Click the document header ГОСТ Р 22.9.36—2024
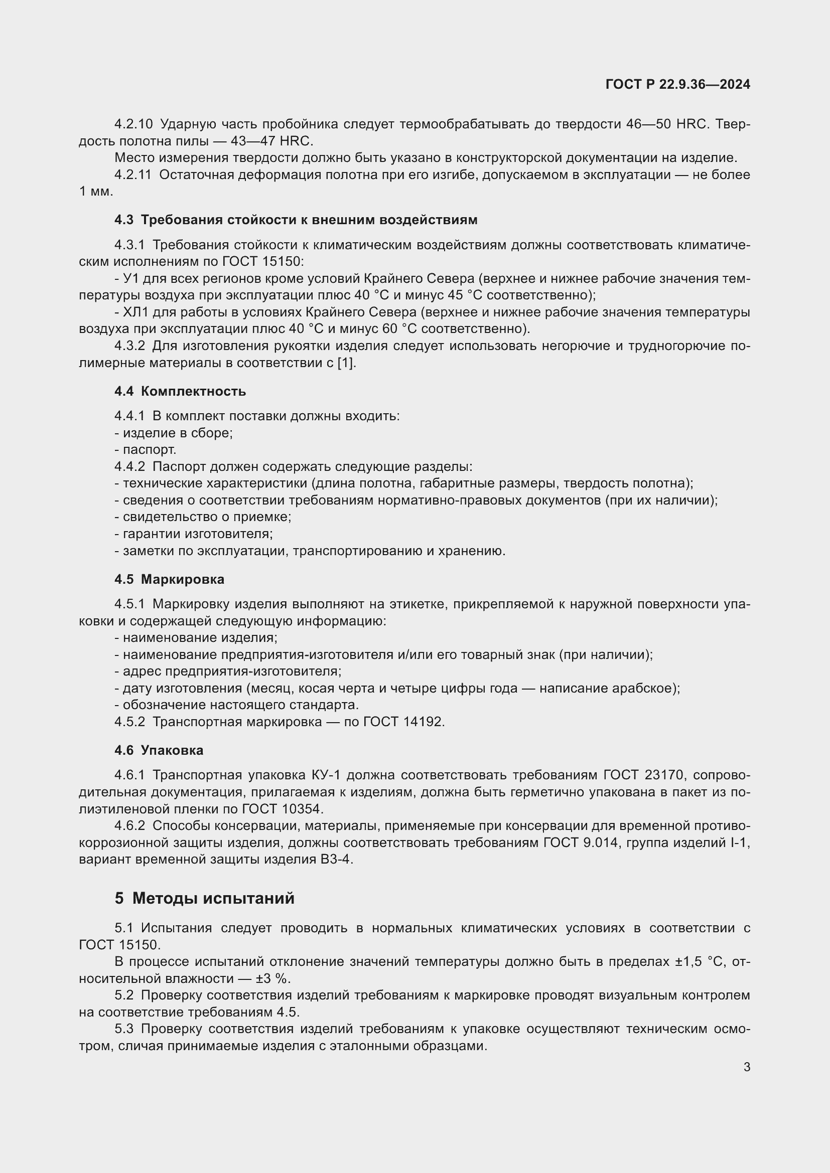point(677,84)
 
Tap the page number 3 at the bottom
point(747,1067)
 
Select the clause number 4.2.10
point(133,124)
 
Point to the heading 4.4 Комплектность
point(180,391)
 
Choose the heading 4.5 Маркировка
point(169,579)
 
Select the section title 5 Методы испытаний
point(204,898)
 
